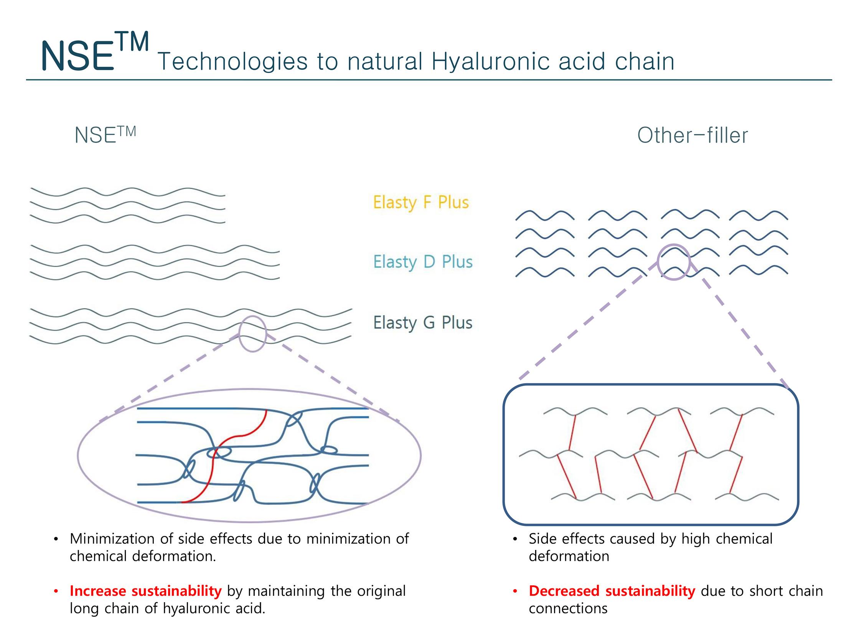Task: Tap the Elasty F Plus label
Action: [x=421, y=202]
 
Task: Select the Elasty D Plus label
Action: [x=423, y=262]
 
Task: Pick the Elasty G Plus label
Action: [x=423, y=323]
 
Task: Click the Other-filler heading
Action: [x=692, y=135]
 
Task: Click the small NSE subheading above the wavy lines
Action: [x=105, y=135]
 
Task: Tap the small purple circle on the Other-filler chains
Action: [x=674, y=262]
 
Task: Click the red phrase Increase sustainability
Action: [x=146, y=591]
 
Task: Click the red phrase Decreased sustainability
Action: [x=612, y=591]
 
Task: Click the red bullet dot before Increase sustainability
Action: [x=56, y=592]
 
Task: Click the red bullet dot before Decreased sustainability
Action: [x=515, y=592]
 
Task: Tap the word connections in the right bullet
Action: [x=568, y=608]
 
